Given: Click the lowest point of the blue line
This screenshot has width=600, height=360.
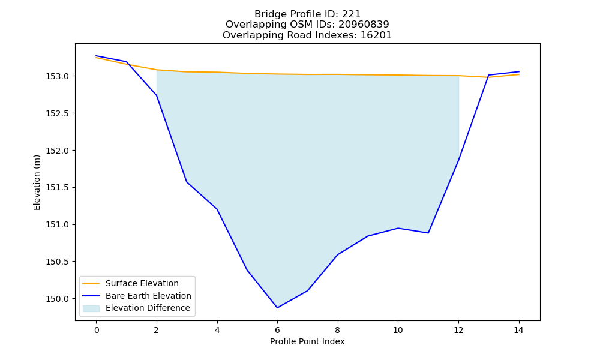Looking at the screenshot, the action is click(277, 308).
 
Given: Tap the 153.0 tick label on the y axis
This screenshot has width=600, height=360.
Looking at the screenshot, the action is click(58, 77).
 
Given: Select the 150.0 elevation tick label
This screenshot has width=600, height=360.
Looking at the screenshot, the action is click(58, 299).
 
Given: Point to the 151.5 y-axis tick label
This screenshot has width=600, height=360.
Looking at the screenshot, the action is click(58, 187).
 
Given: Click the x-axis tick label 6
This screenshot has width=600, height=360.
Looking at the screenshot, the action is click(277, 330).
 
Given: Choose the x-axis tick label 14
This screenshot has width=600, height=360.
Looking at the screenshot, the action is click(518, 330).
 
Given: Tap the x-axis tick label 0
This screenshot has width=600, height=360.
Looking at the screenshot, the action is click(97, 330).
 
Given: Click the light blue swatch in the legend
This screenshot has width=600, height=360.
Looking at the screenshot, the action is click(91, 308).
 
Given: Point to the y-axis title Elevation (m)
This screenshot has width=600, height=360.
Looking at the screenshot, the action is click(37, 182).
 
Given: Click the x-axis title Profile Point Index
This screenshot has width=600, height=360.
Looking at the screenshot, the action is click(307, 341).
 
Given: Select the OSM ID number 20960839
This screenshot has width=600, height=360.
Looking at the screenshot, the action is click(364, 25).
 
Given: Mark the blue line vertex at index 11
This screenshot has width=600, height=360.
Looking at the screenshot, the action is click(428, 233).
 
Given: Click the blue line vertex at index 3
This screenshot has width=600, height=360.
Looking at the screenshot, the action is click(187, 182).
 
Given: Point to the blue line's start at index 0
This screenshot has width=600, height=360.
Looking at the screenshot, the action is click(96, 56).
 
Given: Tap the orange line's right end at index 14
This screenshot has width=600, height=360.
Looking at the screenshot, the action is click(519, 74).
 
